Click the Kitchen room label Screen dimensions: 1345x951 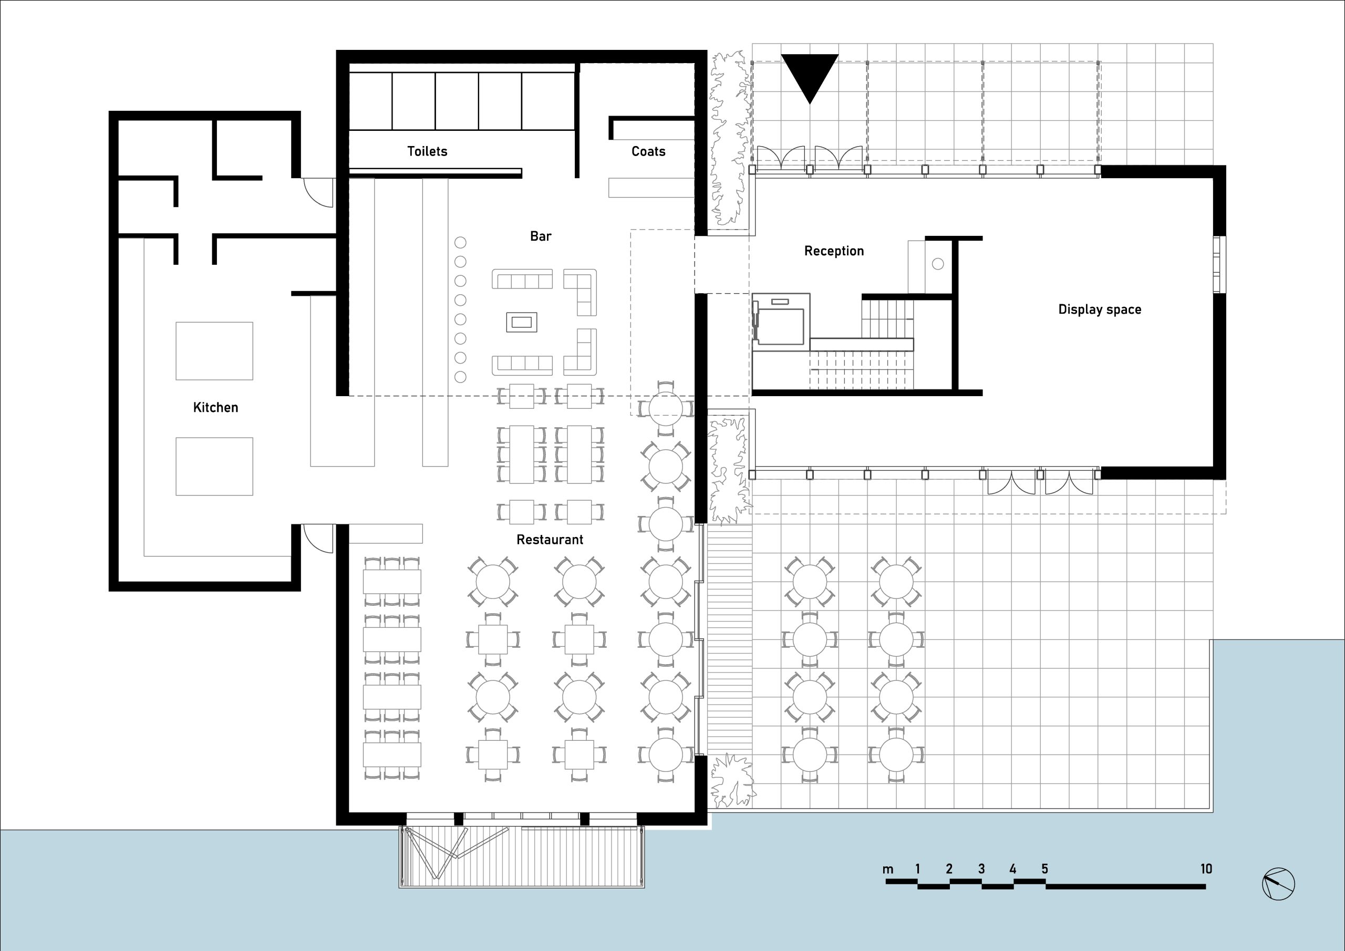tap(215, 407)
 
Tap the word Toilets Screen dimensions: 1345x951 tap(427, 151)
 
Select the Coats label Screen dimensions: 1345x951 tap(648, 151)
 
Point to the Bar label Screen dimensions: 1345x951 tap(541, 236)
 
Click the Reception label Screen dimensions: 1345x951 tap(834, 251)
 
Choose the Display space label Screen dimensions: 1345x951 tap(1100, 309)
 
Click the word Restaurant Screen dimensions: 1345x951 tap(550, 540)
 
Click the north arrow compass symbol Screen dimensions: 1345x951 tap(1278, 884)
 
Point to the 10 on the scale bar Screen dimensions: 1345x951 tap(1206, 869)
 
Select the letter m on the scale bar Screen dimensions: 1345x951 tap(888, 870)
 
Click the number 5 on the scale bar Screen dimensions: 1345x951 tap(1044, 869)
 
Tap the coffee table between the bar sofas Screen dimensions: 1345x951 tap(521, 322)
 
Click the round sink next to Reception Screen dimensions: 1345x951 tap(938, 264)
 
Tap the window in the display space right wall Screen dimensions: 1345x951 tap(1219, 264)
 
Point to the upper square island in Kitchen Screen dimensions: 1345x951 tap(214, 351)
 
